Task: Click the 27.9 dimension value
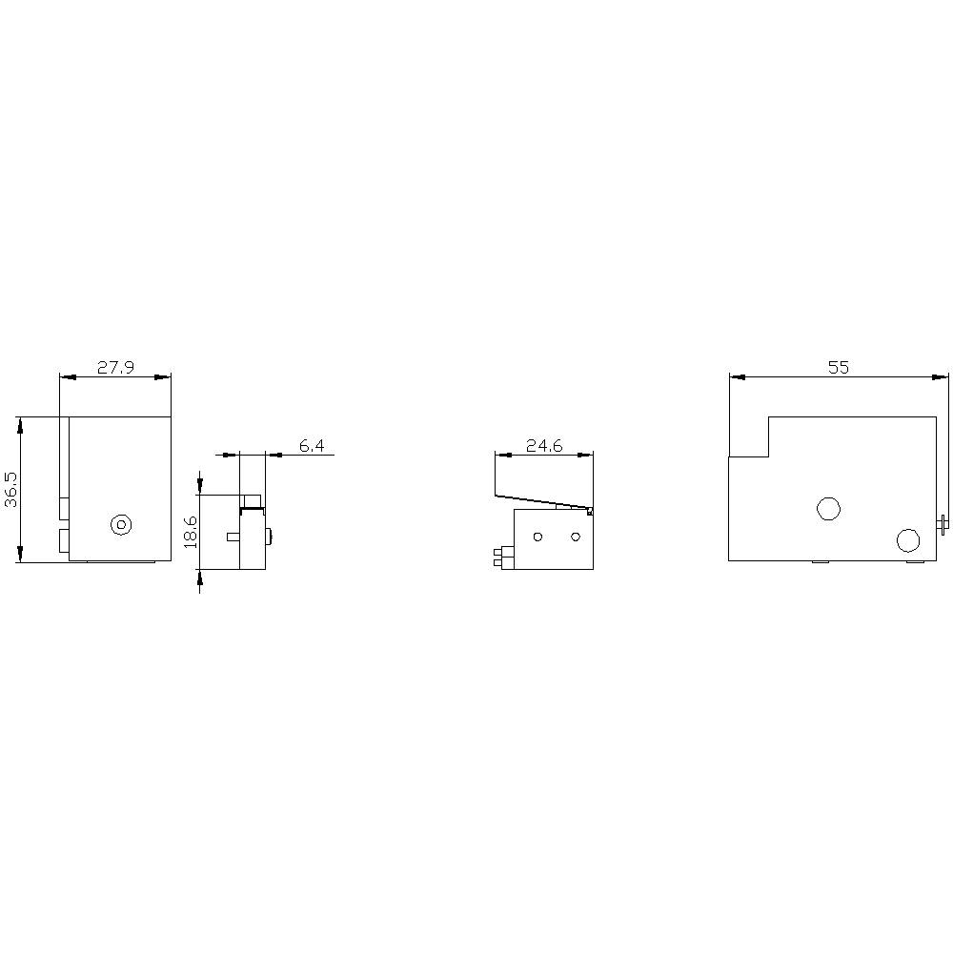[115, 367]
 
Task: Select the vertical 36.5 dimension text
[10, 489]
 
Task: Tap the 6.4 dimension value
[312, 445]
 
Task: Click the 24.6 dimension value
[543, 445]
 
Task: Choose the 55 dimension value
[838, 367]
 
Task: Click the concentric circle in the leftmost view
[120, 525]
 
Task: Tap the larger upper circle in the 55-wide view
[828, 508]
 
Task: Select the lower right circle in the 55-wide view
[908, 540]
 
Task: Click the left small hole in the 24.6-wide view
[537, 537]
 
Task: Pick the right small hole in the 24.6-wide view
[575, 537]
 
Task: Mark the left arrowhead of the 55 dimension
[736, 377]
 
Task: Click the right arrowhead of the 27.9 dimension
[165, 377]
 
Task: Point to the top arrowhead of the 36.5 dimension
[20, 422]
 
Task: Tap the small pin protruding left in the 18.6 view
[233, 537]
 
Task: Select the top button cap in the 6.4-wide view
[252, 501]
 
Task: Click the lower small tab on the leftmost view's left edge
[64, 541]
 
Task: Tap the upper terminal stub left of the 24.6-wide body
[499, 551]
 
